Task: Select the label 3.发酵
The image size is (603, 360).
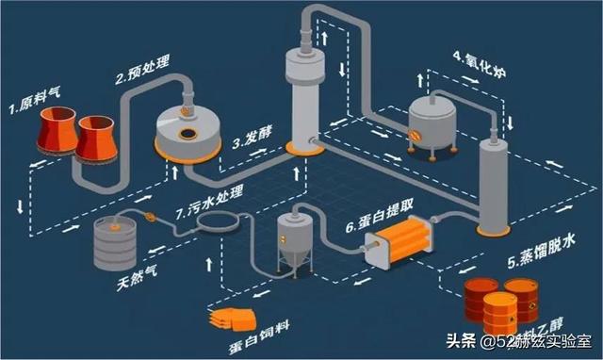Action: point(252,143)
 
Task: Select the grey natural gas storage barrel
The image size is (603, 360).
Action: point(115,247)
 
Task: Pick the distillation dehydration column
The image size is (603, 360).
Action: point(493,184)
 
